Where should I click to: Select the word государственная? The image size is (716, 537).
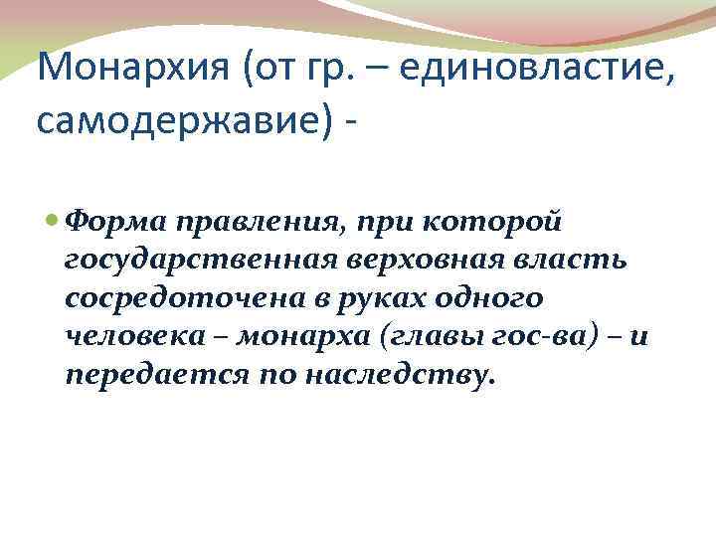[x=188, y=261]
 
